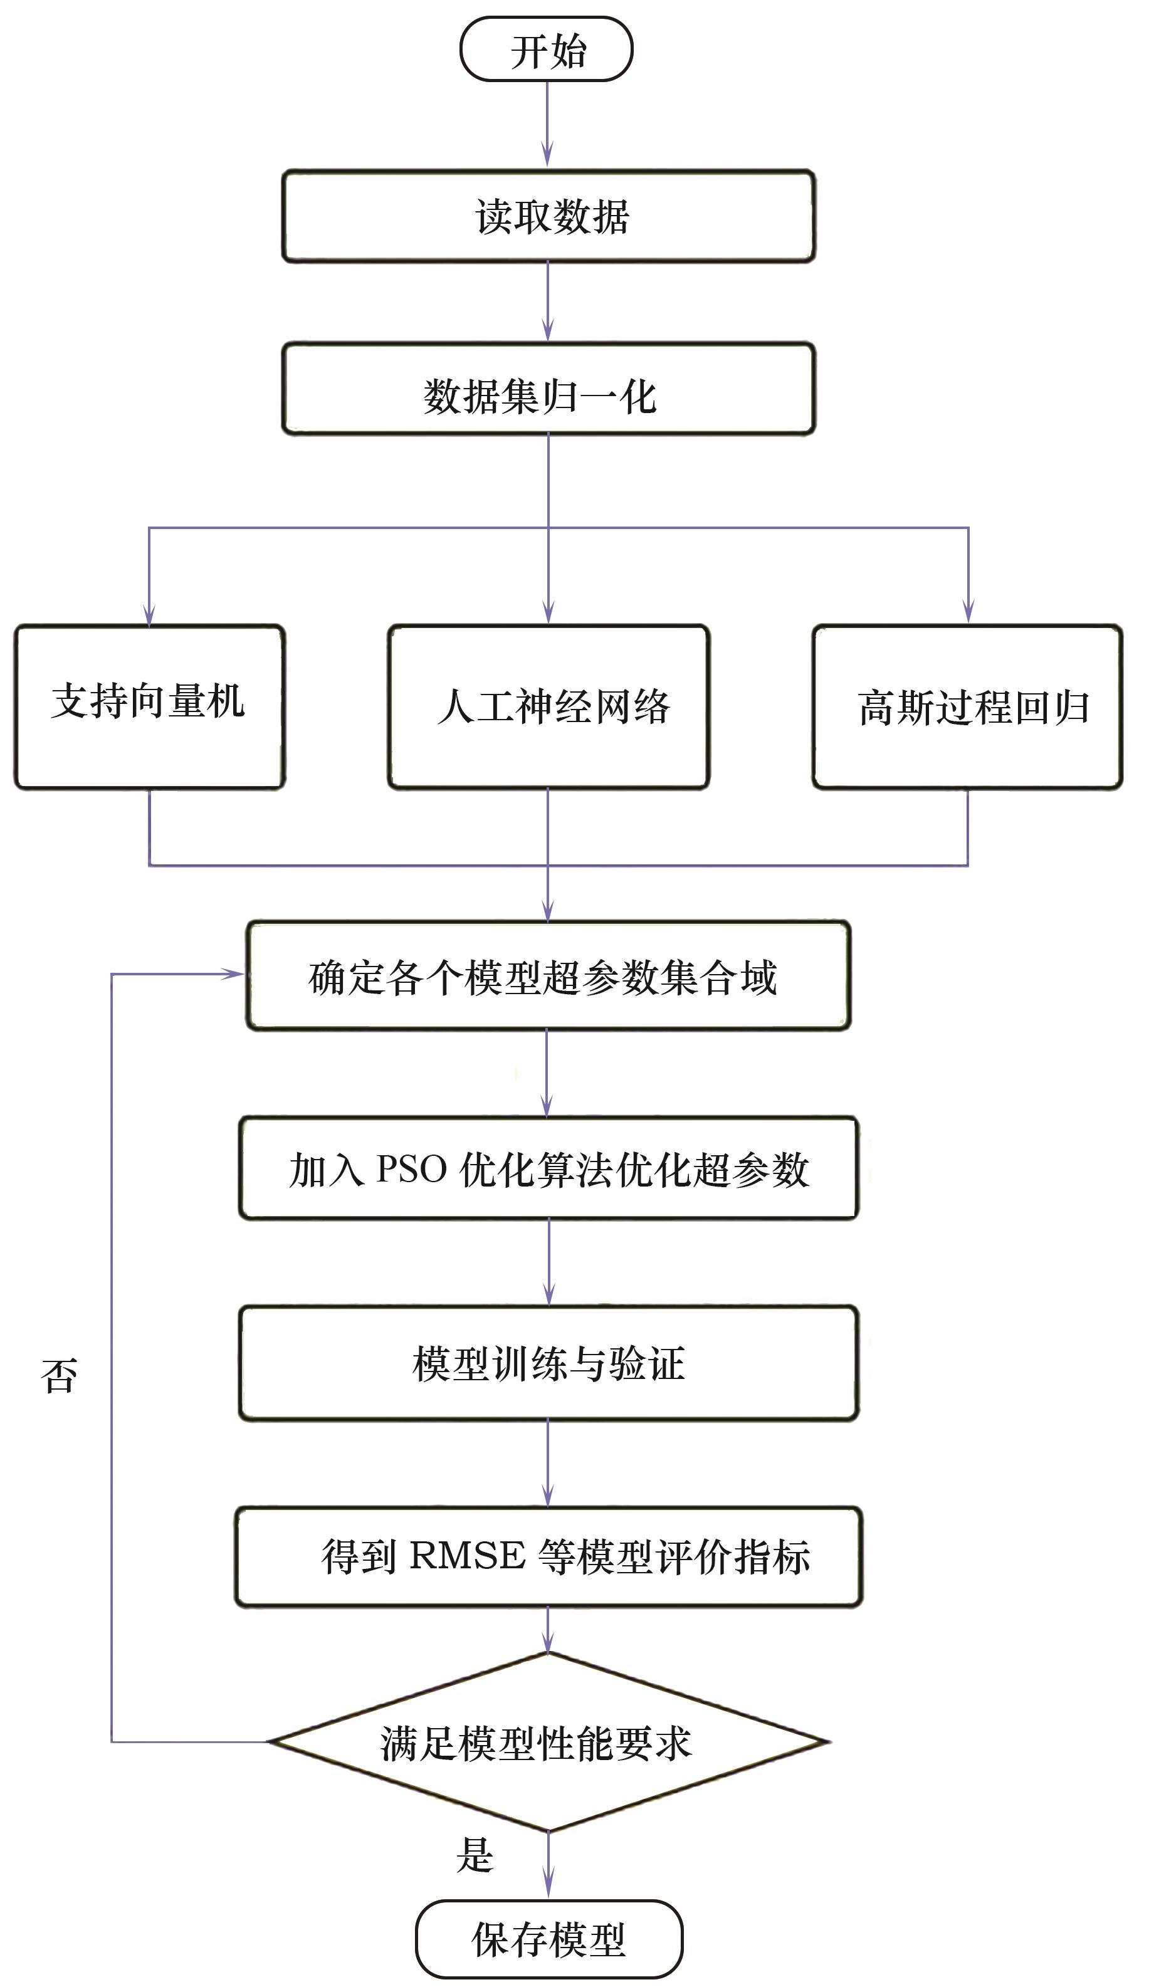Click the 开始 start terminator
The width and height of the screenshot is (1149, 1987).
click(547, 50)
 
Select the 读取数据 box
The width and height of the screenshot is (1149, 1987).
click(548, 216)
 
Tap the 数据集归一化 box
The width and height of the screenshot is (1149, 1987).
click(548, 389)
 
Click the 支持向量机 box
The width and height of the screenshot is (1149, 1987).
click(149, 707)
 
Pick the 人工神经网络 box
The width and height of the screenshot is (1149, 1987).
click(548, 707)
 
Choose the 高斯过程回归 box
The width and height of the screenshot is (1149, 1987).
click(967, 707)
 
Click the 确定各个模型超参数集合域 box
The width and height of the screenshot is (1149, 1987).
click(548, 976)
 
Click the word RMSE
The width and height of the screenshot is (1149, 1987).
click(467, 1556)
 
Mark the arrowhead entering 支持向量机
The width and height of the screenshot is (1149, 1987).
click(149, 615)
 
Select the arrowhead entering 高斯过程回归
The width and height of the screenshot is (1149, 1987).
click(968, 612)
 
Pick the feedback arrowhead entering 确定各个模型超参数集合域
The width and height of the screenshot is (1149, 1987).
click(233, 975)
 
